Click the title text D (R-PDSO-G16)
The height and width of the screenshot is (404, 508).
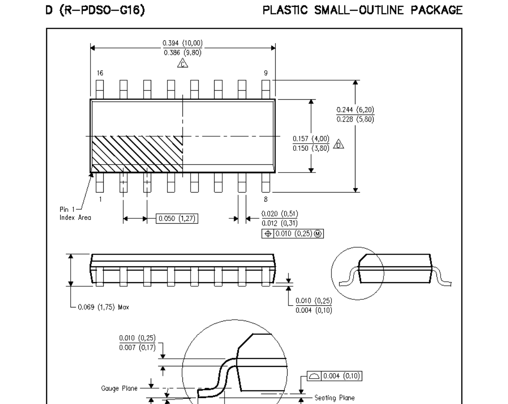click(x=95, y=10)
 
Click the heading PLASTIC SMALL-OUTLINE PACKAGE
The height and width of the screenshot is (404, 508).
click(x=363, y=10)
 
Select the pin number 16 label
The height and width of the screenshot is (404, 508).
click(x=100, y=72)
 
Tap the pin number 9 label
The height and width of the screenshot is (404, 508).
click(x=266, y=72)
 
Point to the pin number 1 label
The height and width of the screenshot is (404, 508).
click(x=100, y=199)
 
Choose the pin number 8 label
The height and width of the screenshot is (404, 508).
click(x=266, y=199)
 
